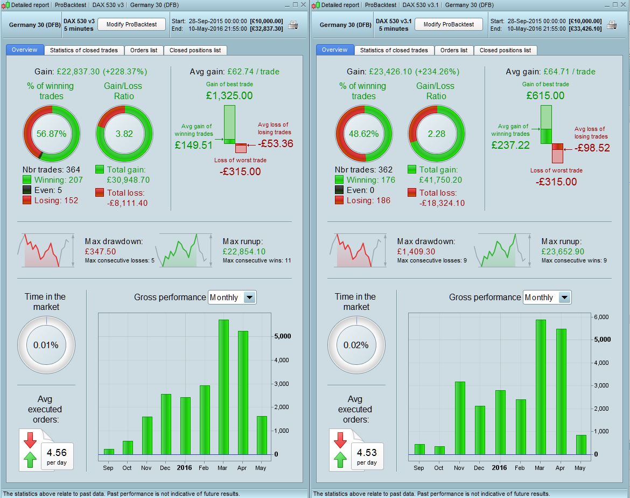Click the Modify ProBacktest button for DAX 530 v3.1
448,24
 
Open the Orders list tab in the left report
144,50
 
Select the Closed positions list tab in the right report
505,50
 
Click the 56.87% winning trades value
52,134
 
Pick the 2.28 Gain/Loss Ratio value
436,134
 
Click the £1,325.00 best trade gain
229,96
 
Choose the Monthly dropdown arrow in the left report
249,297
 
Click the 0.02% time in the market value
356,345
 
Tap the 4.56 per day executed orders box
57,456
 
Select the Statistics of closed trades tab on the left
83,50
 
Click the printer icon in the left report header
293,25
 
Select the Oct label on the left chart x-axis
127,467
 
